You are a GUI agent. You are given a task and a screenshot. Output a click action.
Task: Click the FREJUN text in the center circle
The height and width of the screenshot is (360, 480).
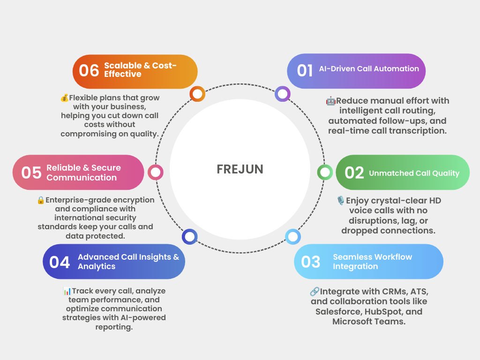240,169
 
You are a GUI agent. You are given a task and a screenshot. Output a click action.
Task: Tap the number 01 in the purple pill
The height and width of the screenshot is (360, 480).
305,70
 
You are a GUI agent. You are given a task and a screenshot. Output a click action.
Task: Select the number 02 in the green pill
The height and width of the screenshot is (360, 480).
354,172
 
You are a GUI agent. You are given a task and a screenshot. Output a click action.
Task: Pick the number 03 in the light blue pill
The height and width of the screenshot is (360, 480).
311,262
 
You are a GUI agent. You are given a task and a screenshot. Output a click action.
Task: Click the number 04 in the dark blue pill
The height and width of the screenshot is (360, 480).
60,262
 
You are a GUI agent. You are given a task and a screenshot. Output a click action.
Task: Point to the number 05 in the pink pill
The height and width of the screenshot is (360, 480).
31,172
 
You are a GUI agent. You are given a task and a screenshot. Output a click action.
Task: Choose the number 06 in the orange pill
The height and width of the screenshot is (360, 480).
89,70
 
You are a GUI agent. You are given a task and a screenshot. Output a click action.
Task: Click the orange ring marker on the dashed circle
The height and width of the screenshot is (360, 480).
197,94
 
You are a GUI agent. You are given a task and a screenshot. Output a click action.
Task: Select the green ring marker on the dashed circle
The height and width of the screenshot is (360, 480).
325,172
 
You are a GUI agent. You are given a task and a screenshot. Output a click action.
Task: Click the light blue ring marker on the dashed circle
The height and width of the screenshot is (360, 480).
292,237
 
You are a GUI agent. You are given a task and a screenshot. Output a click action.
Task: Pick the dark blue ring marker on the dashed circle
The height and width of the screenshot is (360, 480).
189,237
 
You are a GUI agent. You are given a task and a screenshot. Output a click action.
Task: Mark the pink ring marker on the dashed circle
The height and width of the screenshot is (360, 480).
156,172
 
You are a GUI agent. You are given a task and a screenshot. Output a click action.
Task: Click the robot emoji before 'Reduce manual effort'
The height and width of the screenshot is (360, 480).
330,101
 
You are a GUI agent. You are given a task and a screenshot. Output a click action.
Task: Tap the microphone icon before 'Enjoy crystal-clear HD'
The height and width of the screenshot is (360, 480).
341,201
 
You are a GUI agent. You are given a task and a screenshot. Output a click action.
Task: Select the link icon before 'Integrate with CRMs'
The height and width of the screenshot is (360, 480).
315,292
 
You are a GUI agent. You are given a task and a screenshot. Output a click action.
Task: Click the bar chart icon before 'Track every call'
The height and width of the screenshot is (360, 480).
67,291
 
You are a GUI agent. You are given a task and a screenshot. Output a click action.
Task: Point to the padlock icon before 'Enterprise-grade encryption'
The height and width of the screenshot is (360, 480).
41,200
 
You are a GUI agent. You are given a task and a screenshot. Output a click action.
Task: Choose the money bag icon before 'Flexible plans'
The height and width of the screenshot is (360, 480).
65,98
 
